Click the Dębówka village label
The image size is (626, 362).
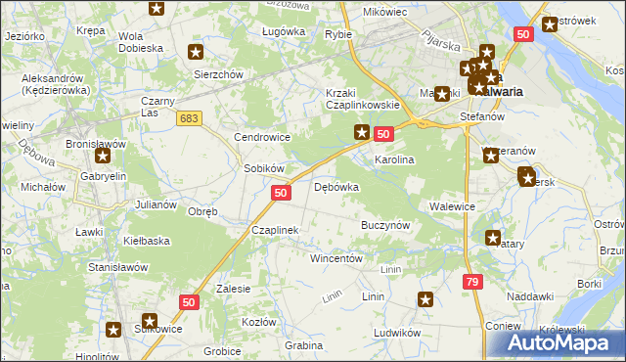(x=336, y=186)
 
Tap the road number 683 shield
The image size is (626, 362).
(x=190, y=117)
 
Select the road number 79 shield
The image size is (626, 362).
(x=472, y=281)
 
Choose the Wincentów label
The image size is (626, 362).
(x=336, y=258)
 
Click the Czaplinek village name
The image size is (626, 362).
(x=275, y=230)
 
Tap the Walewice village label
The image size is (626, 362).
(x=452, y=206)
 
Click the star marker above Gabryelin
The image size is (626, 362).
(x=101, y=155)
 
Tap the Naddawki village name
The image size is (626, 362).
(x=531, y=295)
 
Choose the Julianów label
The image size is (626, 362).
(x=156, y=204)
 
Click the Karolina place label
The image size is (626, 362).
(x=395, y=159)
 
